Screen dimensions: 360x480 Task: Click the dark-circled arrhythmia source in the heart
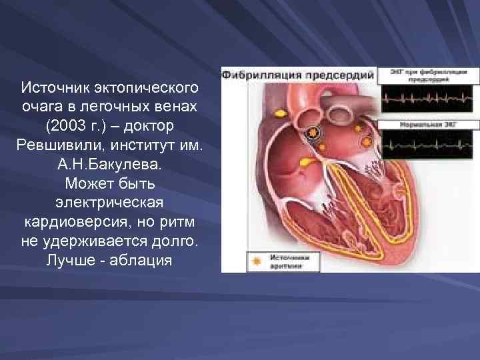coord(311,134)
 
